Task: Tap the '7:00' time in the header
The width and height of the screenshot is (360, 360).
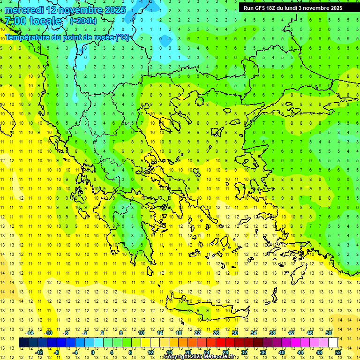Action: tap(15, 21)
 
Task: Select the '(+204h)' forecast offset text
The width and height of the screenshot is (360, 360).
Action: tap(83, 21)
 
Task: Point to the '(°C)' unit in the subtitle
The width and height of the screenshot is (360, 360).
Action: tap(122, 37)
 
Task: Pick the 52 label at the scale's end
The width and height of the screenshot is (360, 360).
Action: tap(338, 352)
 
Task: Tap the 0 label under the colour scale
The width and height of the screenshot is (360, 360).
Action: tap(93, 352)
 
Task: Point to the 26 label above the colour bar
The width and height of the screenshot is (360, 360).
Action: tap(216, 333)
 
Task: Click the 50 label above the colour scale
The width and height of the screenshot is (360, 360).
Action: tap(329, 333)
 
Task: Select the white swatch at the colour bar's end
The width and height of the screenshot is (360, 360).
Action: tap(333, 343)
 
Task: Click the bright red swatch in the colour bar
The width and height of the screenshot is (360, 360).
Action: tap(220, 343)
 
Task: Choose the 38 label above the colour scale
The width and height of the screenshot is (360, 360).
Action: tap(272, 333)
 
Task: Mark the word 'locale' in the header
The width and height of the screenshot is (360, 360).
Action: tap(45, 21)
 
